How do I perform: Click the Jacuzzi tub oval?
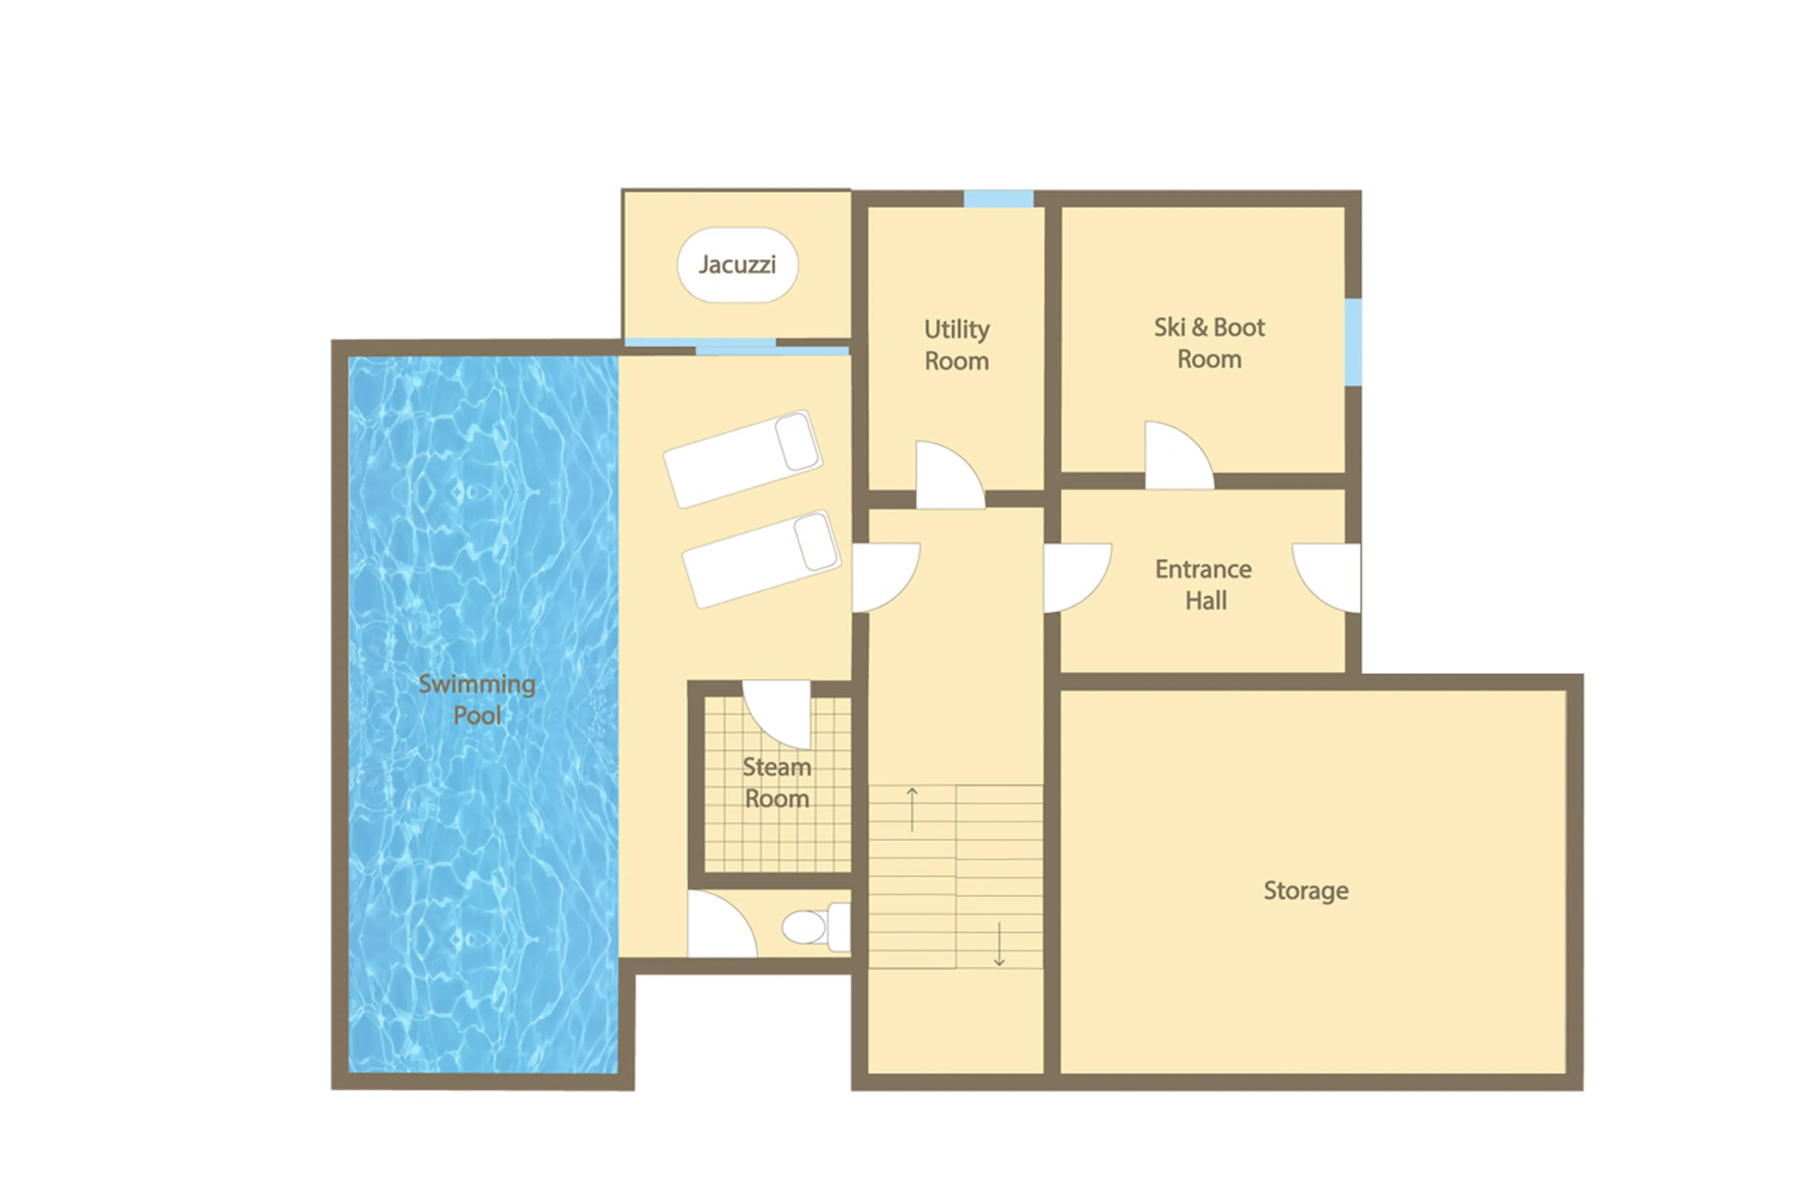(737, 265)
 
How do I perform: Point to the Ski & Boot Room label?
(1208, 343)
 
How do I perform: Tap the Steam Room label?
(777, 783)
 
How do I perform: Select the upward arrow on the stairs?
(912, 809)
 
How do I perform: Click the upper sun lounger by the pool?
(742, 459)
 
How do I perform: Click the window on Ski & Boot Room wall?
(1352, 342)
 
